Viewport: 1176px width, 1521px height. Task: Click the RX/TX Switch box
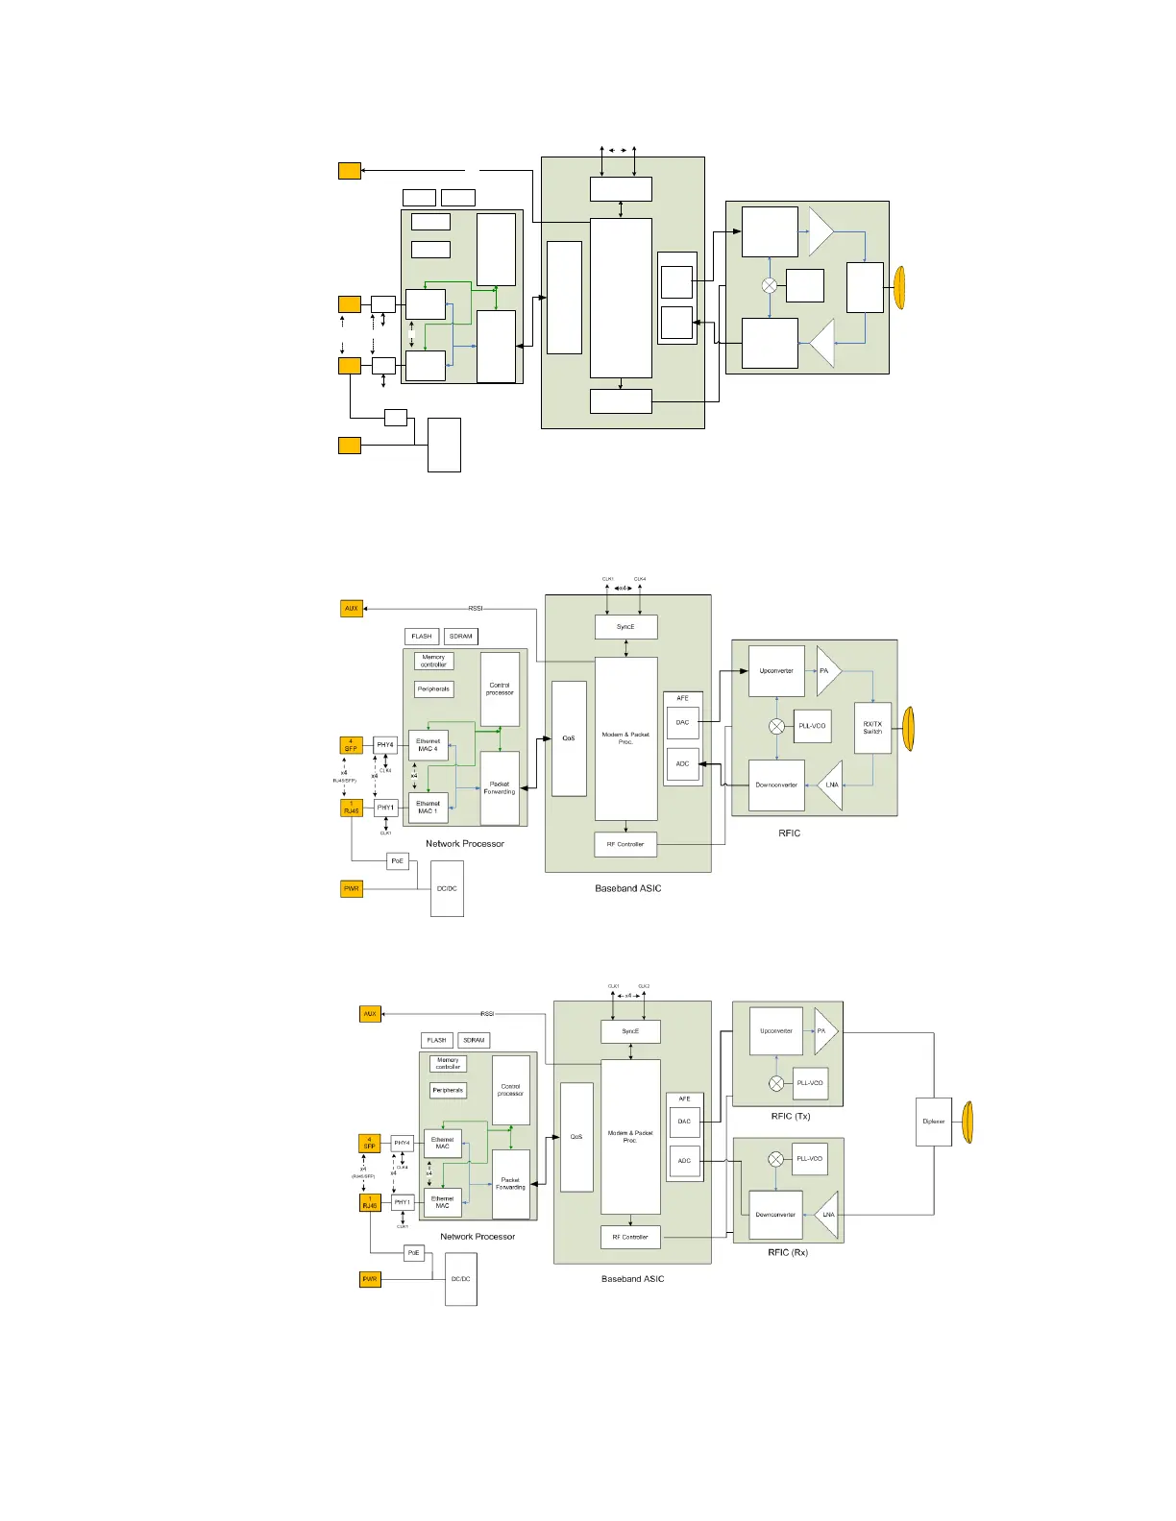click(x=872, y=728)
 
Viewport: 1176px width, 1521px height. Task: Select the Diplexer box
click(x=933, y=1122)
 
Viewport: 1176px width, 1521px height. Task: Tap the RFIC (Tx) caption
click(x=790, y=1116)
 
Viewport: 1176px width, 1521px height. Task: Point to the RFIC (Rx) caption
click(x=787, y=1252)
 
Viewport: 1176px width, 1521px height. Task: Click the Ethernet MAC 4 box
click(x=429, y=745)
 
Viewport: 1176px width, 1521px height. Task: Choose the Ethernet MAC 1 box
click(x=429, y=808)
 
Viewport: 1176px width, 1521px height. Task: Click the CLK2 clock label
click(x=644, y=986)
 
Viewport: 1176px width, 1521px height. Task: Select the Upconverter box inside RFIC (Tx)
click(x=775, y=1031)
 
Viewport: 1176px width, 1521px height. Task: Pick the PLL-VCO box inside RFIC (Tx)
click(x=810, y=1083)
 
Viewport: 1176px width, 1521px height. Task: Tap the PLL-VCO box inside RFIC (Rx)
click(x=810, y=1159)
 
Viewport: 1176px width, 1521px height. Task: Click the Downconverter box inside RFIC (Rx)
click(x=775, y=1215)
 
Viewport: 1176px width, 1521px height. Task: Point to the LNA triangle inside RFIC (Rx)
click(x=827, y=1215)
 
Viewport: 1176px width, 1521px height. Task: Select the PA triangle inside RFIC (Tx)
click(x=823, y=1031)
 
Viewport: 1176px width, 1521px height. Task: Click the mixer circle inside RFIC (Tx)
click(x=776, y=1083)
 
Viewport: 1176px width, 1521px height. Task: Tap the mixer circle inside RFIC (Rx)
click(x=776, y=1159)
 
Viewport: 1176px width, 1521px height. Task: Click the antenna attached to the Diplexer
click(x=968, y=1122)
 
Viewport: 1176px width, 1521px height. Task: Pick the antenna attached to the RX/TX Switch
click(x=909, y=728)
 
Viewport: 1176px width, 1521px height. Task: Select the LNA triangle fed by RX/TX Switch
click(x=830, y=785)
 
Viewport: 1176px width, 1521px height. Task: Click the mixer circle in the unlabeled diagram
click(x=770, y=285)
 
